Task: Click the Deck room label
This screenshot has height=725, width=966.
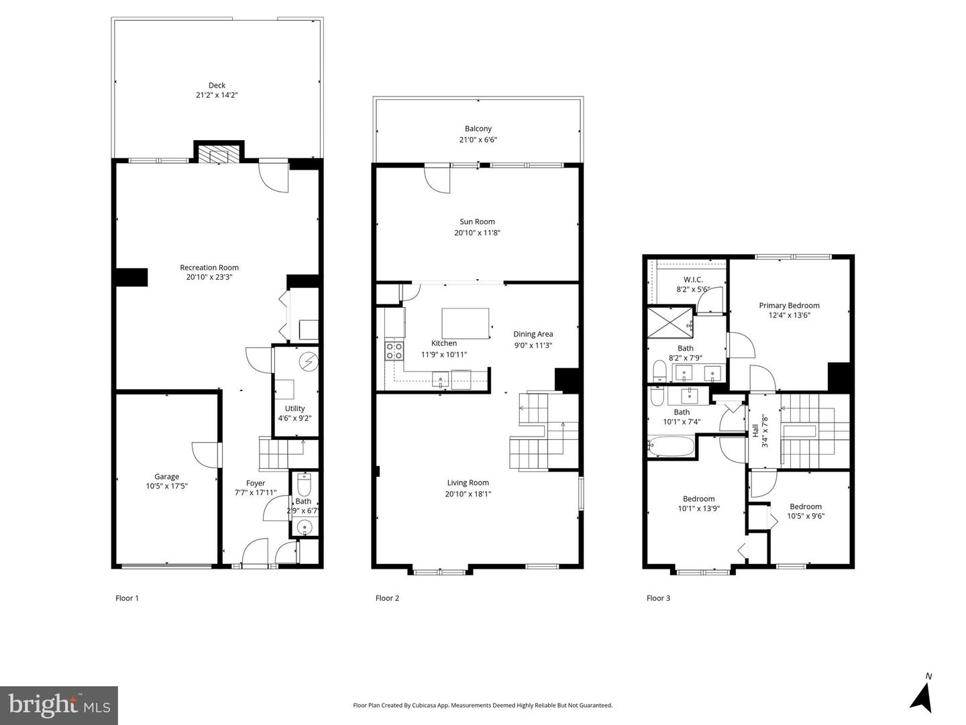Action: (x=217, y=85)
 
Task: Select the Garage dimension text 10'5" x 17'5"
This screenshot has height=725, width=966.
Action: (x=166, y=486)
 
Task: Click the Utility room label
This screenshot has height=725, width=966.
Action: (x=294, y=408)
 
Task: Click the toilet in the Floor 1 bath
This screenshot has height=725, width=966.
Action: (x=304, y=483)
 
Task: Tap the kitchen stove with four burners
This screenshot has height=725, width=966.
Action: (x=394, y=351)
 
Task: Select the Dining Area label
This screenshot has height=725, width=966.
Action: (x=533, y=334)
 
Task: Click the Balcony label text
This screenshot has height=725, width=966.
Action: (x=478, y=129)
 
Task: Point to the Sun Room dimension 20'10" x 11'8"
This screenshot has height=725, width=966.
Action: (x=477, y=233)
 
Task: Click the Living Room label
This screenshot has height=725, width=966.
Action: (x=468, y=483)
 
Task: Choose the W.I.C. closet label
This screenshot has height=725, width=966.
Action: (x=693, y=280)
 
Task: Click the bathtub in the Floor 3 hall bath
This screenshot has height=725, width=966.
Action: (x=671, y=446)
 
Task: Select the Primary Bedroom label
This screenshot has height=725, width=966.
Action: (x=789, y=306)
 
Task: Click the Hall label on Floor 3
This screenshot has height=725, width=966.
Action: (x=755, y=430)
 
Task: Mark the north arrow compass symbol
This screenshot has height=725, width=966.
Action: (x=923, y=695)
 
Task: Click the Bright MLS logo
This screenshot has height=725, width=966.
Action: (x=59, y=706)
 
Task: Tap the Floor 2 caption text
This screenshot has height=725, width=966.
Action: (x=387, y=598)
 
